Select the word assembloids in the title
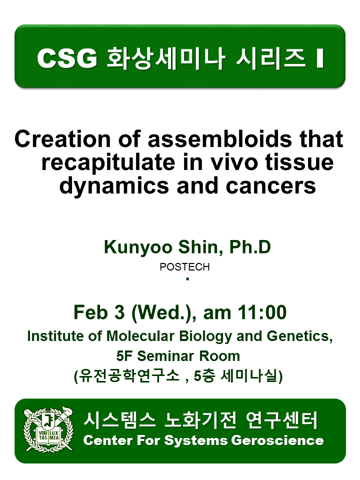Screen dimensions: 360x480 [220, 139]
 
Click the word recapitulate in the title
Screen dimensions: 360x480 [108, 163]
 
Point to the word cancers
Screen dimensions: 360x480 [270, 186]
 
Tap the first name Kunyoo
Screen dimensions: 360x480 [138, 247]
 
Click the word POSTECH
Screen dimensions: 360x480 [184, 267]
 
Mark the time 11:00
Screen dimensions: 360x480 [262, 312]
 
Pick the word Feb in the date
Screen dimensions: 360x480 [91, 312]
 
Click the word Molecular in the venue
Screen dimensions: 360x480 [140, 336]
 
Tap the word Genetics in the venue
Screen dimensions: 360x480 [299, 336]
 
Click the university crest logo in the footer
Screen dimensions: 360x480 [48, 430]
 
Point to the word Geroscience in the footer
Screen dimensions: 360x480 [277, 440]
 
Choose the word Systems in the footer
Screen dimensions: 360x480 [196, 441]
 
